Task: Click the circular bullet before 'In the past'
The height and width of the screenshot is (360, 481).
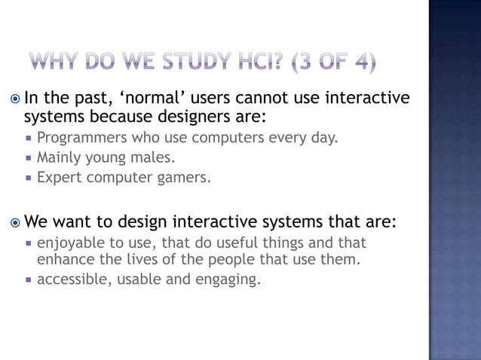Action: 15,99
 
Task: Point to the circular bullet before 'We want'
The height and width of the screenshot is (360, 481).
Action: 15,223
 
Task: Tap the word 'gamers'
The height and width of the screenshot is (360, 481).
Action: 185,178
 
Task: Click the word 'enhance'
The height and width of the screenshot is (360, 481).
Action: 63,261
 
